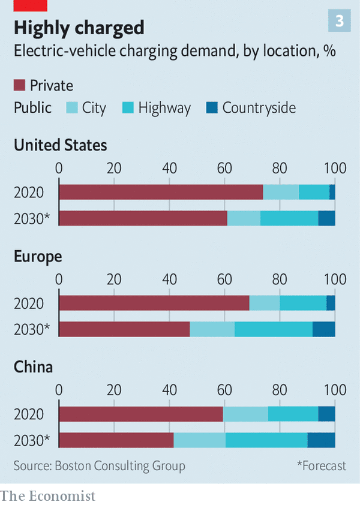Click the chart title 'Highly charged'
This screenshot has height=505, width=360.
(x=79, y=28)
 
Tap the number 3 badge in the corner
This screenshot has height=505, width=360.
(x=339, y=22)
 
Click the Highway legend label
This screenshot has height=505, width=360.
(x=164, y=108)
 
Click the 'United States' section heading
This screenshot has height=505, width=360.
(x=61, y=145)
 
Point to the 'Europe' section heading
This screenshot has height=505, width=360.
(x=38, y=256)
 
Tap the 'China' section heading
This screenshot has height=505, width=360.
(x=34, y=367)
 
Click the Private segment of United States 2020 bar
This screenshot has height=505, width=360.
(x=161, y=192)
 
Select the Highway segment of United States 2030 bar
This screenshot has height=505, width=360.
(x=289, y=218)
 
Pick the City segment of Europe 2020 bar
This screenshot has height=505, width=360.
(x=265, y=303)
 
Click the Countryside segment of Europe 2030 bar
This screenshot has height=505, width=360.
(x=323, y=329)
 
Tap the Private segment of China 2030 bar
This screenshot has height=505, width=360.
(x=116, y=440)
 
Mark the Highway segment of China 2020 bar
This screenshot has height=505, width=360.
(x=293, y=414)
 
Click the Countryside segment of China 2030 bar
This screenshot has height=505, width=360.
(x=321, y=440)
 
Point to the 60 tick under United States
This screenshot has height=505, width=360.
(x=224, y=168)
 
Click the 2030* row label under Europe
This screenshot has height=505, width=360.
(x=32, y=329)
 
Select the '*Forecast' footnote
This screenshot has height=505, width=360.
(x=322, y=465)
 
